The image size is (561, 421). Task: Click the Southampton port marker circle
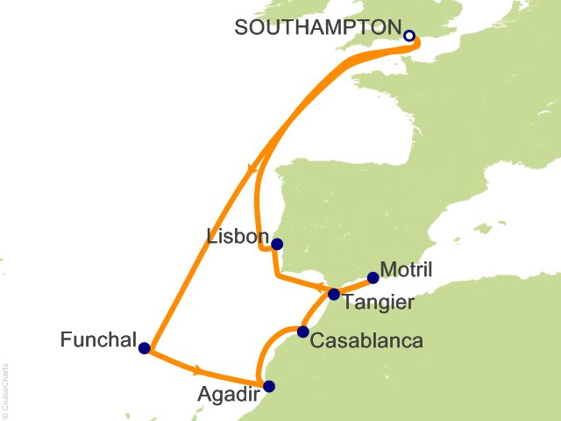(x=409, y=36)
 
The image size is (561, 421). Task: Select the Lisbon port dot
(x=277, y=245)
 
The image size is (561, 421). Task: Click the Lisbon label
(x=236, y=237)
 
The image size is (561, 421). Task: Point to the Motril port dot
(x=373, y=278)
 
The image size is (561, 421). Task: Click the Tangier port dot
(x=334, y=295)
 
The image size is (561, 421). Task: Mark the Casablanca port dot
(x=303, y=332)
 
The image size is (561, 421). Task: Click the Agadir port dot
(x=269, y=386)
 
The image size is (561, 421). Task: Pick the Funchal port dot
(x=145, y=348)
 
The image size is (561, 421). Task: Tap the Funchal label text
(x=99, y=339)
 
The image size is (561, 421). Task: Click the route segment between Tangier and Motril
(x=354, y=286)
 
